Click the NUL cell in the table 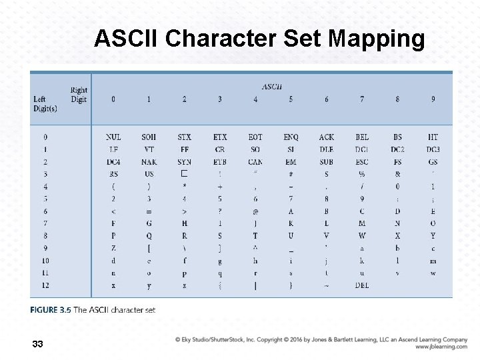pos(113,137)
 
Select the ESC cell pos(362,162)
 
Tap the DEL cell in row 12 pos(362,285)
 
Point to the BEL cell pos(362,137)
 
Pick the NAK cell pos(149,162)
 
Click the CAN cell pos(255,162)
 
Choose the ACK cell pos(327,137)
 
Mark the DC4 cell pos(113,162)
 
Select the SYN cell pos(185,162)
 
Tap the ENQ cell pos(291,137)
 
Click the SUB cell pos(327,162)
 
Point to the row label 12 pos(45,285)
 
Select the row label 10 pos(45,261)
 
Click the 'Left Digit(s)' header pos(45,104)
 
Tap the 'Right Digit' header pos(79,95)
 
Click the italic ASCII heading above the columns pos(272,87)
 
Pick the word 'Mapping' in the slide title pos(376,39)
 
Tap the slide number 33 pos(37,344)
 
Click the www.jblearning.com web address pos(441,347)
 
